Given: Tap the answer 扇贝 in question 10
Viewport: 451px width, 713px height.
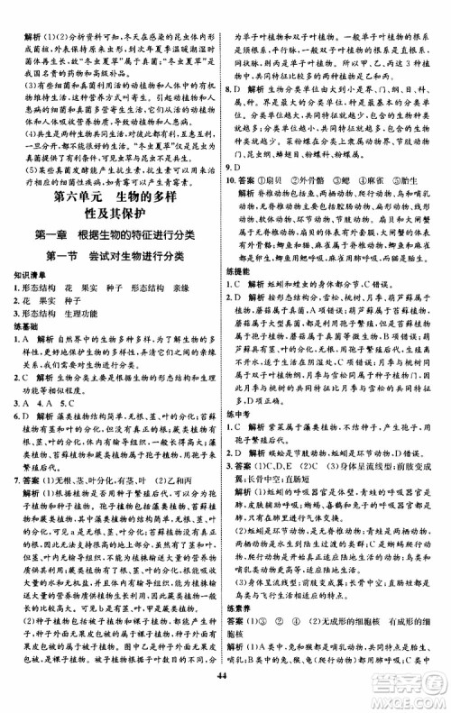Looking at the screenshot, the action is pyautogui.click(x=288, y=205).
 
